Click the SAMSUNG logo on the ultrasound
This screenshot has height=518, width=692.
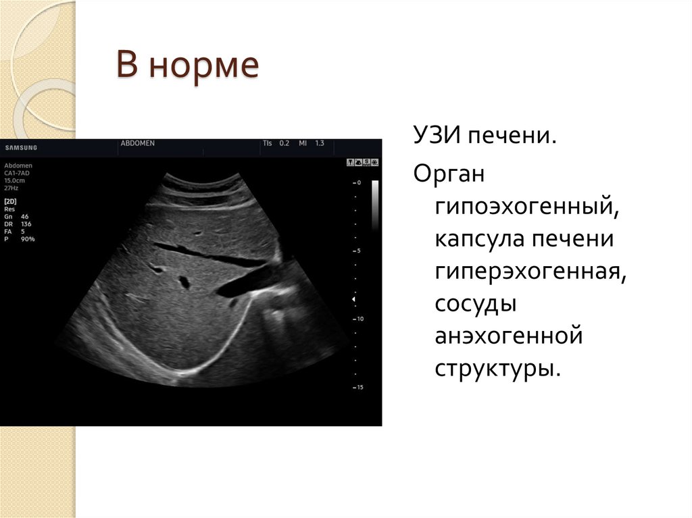[x=21, y=148]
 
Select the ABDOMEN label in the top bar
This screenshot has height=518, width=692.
[x=137, y=144]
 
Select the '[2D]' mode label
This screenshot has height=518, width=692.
[x=11, y=201]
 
